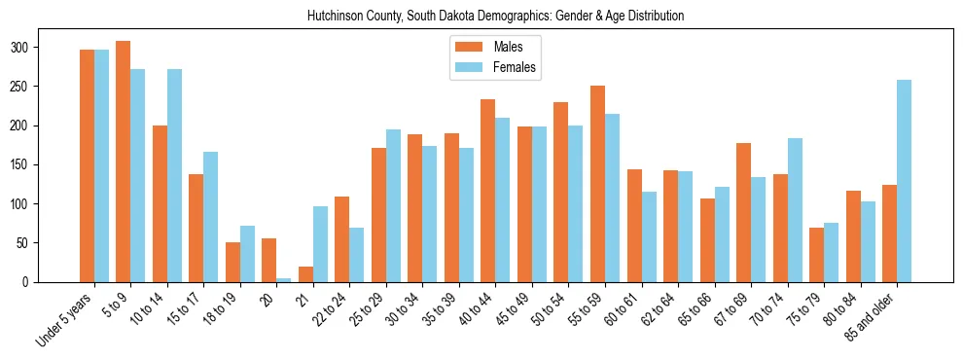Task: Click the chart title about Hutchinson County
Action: click(x=495, y=17)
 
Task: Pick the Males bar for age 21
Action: click(x=305, y=274)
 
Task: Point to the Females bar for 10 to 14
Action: click(x=174, y=175)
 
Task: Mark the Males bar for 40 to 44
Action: click(x=487, y=191)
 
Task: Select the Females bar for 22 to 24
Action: click(x=357, y=255)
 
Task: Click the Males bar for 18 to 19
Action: click(x=232, y=262)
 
